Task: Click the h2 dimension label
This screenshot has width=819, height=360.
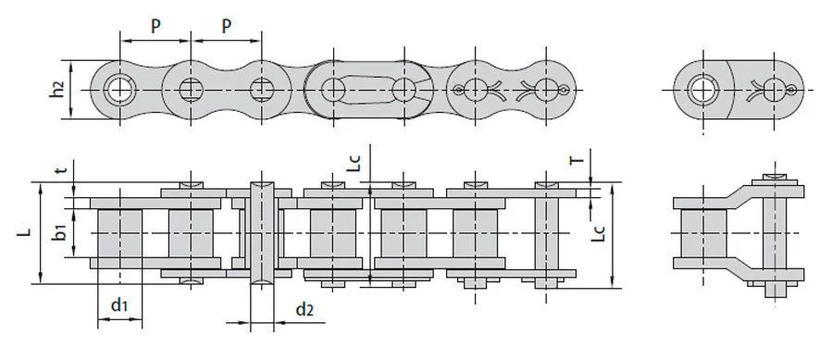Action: (58, 90)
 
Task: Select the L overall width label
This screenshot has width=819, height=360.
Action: (24, 232)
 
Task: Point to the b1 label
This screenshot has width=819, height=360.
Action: (59, 233)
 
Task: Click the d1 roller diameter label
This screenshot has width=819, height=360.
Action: (119, 304)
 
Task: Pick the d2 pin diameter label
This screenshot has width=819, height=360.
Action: (304, 310)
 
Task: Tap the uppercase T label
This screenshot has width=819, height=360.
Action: (577, 161)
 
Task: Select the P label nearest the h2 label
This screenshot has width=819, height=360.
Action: (155, 26)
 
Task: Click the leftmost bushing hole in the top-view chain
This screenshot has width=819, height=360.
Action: (119, 90)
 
